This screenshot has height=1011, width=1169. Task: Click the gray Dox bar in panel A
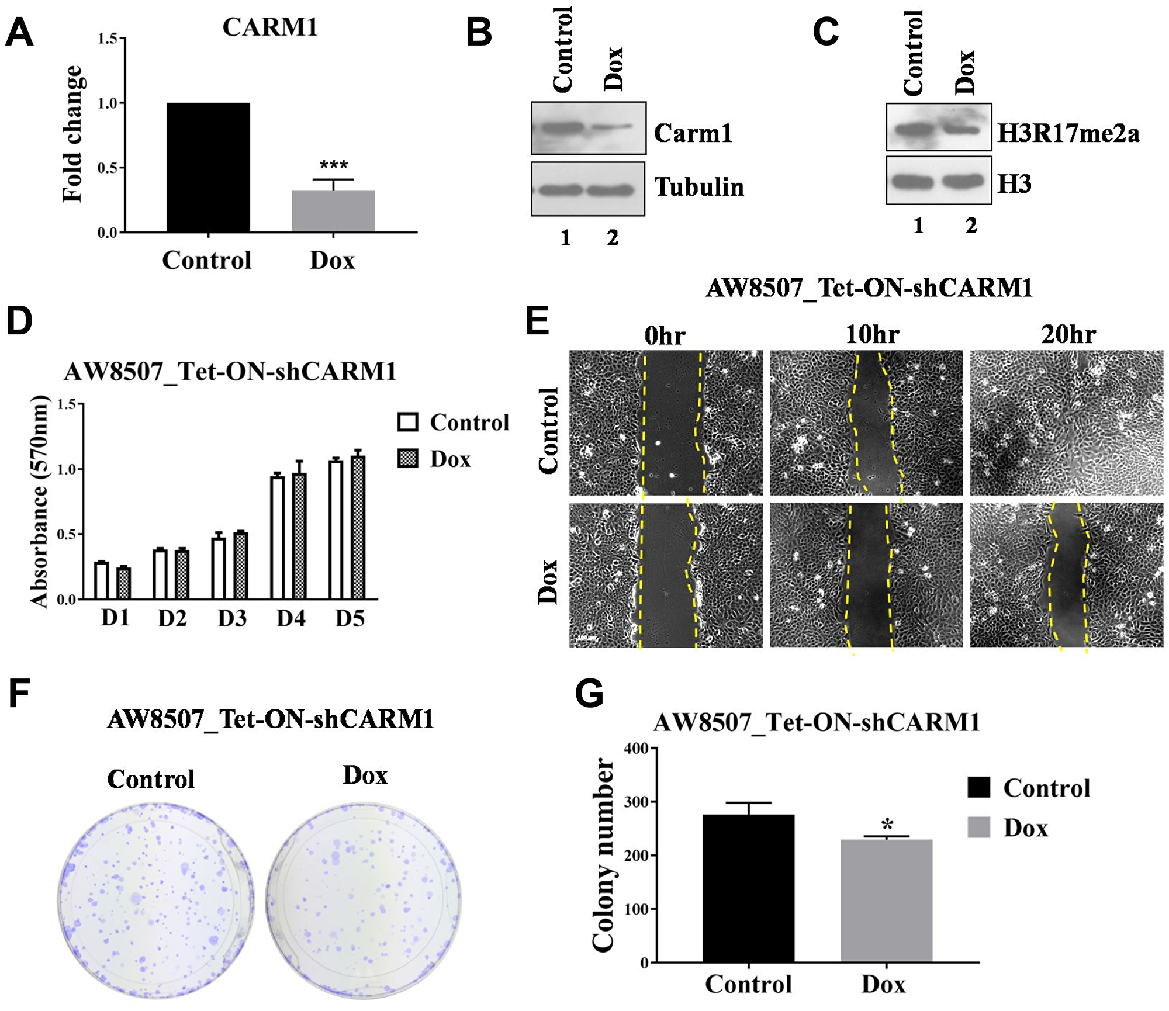click(x=333, y=212)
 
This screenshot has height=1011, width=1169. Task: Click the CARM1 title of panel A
click(x=270, y=27)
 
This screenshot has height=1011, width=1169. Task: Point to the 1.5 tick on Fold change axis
click(x=109, y=39)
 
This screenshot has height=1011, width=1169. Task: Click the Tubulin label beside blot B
click(x=699, y=187)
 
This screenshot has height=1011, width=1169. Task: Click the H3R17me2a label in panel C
click(x=1068, y=133)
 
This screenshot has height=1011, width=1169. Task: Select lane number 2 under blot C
click(x=971, y=226)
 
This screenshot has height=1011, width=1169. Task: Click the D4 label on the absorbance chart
click(x=291, y=618)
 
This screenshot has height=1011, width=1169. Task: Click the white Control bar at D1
click(x=102, y=580)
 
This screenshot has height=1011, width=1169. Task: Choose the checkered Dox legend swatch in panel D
click(x=407, y=458)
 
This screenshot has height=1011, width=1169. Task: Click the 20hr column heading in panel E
click(x=1068, y=335)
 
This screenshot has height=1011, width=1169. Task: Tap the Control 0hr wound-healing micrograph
click(x=666, y=423)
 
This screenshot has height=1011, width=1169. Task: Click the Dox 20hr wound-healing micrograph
click(x=1067, y=575)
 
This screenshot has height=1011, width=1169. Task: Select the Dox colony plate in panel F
click(x=364, y=900)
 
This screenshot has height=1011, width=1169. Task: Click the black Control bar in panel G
click(x=748, y=888)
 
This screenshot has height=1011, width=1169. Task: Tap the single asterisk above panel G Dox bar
click(x=887, y=825)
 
